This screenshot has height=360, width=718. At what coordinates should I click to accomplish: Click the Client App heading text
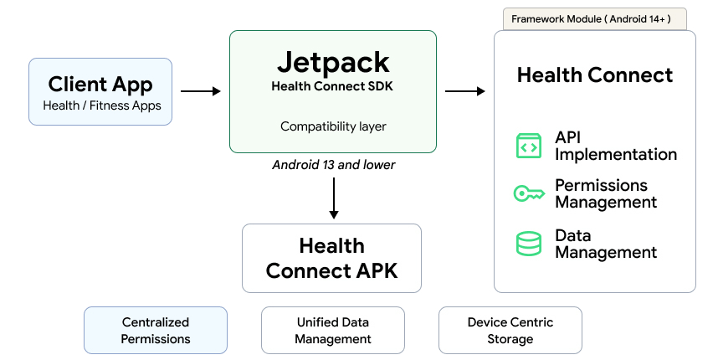(x=100, y=84)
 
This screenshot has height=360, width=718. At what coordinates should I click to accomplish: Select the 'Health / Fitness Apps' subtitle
(x=102, y=105)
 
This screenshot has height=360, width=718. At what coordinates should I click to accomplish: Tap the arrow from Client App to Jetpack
(x=201, y=91)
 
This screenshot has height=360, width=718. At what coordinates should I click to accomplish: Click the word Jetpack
(x=332, y=63)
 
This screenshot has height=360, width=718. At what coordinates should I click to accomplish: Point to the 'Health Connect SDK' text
(x=332, y=85)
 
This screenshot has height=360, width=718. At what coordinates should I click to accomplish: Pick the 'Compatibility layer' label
(x=333, y=126)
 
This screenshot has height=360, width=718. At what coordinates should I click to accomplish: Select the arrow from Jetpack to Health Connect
(x=464, y=91)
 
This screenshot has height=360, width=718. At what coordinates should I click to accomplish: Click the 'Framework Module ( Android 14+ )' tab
(x=594, y=19)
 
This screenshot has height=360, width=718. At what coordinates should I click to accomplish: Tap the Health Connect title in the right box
(x=594, y=75)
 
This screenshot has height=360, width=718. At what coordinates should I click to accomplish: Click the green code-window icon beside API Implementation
(x=528, y=146)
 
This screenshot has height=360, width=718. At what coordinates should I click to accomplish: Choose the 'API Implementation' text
(x=615, y=146)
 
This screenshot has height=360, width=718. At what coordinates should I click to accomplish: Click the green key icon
(x=528, y=194)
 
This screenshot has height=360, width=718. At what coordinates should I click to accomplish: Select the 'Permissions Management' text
(x=606, y=193)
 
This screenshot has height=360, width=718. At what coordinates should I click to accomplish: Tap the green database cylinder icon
(x=528, y=244)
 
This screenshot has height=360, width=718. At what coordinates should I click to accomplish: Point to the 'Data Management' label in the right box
(x=606, y=244)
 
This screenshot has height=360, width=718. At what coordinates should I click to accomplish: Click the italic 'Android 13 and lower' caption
(x=333, y=165)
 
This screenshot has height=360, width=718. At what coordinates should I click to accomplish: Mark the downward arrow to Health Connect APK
(x=333, y=198)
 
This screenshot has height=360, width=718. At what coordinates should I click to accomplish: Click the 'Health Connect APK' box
(x=331, y=258)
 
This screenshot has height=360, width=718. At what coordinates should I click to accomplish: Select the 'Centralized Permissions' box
(x=156, y=330)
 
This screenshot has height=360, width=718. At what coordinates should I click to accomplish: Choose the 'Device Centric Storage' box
(x=510, y=330)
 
